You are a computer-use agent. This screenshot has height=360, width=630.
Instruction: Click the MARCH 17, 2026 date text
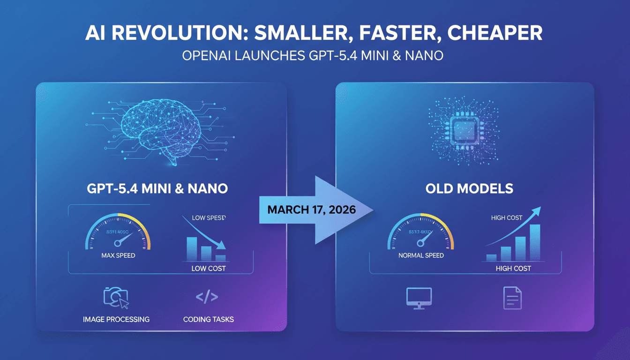pyautogui.click(x=311, y=209)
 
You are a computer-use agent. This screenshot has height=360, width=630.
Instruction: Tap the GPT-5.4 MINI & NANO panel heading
pyautogui.click(x=157, y=189)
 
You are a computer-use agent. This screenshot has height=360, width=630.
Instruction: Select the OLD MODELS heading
pyautogui.click(x=469, y=189)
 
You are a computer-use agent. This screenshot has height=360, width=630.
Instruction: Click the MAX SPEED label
pyautogui.click(x=118, y=255)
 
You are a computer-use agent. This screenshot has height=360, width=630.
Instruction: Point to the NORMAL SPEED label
pyautogui.click(x=421, y=255)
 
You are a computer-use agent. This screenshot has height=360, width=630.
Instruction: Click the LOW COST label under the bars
pyautogui.click(x=209, y=269)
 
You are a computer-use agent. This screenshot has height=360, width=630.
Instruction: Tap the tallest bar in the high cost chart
pyautogui.click(x=534, y=242)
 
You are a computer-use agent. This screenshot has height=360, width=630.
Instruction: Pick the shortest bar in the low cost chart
pyautogui.click(x=220, y=258)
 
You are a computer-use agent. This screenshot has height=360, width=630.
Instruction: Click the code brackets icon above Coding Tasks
pyautogui.click(x=207, y=297)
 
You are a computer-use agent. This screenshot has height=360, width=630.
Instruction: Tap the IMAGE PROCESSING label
pyautogui.click(x=116, y=319)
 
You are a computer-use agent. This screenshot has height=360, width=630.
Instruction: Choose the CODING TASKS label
pyautogui.click(x=208, y=319)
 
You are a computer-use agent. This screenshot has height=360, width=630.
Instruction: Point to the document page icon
pyautogui.click(x=512, y=298)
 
